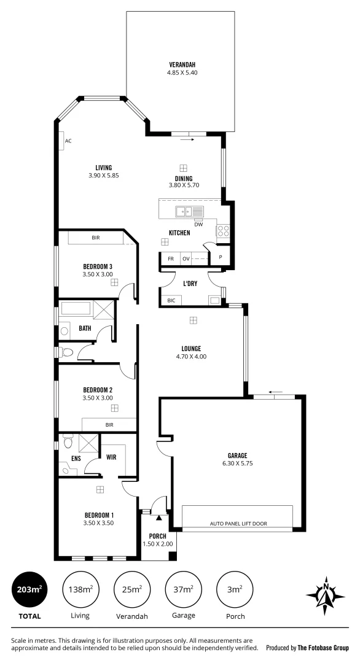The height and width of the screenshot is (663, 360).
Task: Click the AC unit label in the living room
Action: [68, 141]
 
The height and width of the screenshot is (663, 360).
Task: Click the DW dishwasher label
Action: [198, 224]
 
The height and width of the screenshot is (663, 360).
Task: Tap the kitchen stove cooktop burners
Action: [223, 231]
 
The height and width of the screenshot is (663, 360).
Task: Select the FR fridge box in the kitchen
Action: [171, 259]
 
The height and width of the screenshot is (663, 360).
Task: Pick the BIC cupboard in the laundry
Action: [171, 300]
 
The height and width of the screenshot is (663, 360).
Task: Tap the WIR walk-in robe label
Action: [111, 457]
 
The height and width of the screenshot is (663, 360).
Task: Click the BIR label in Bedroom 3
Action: [96, 237]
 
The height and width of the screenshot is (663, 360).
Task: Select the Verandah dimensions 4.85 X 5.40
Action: [182, 72]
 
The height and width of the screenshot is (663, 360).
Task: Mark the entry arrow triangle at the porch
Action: [158, 518]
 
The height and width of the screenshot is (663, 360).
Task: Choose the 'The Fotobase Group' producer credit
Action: [323, 648]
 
